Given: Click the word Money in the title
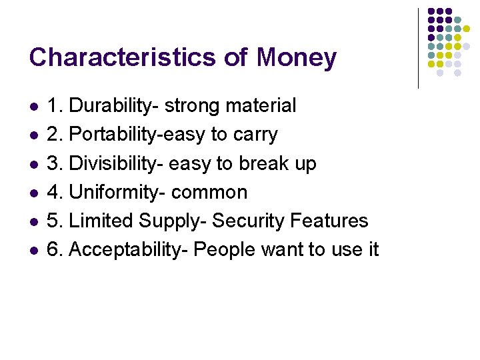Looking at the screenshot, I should click(x=297, y=58).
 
